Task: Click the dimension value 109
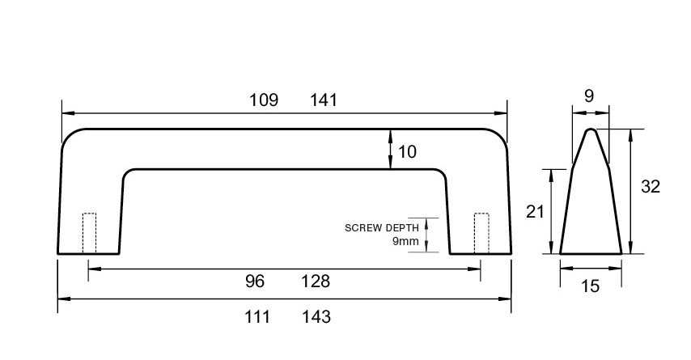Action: point(264,100)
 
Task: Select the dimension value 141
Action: point(324,100)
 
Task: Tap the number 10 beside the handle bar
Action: point(407,152)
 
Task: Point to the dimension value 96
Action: point(255,282)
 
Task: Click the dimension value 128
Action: point(316,282)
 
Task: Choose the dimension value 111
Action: point(257,317)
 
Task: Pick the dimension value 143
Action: point(316,317)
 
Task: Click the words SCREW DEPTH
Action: point(382,228)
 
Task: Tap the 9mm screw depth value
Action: point(405,241)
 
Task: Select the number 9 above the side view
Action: point(589,96)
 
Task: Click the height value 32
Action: point(651,187)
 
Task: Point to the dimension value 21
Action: point(535,212)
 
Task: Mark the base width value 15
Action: point(590,286)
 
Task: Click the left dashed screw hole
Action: point(90,233)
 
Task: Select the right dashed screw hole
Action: point(481,233)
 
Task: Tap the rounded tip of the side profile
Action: point(591,129)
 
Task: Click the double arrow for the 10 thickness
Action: point(391,149)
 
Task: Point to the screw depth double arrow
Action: point(426,235)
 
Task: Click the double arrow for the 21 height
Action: point(551,211)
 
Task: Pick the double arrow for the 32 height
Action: point(631,191)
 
